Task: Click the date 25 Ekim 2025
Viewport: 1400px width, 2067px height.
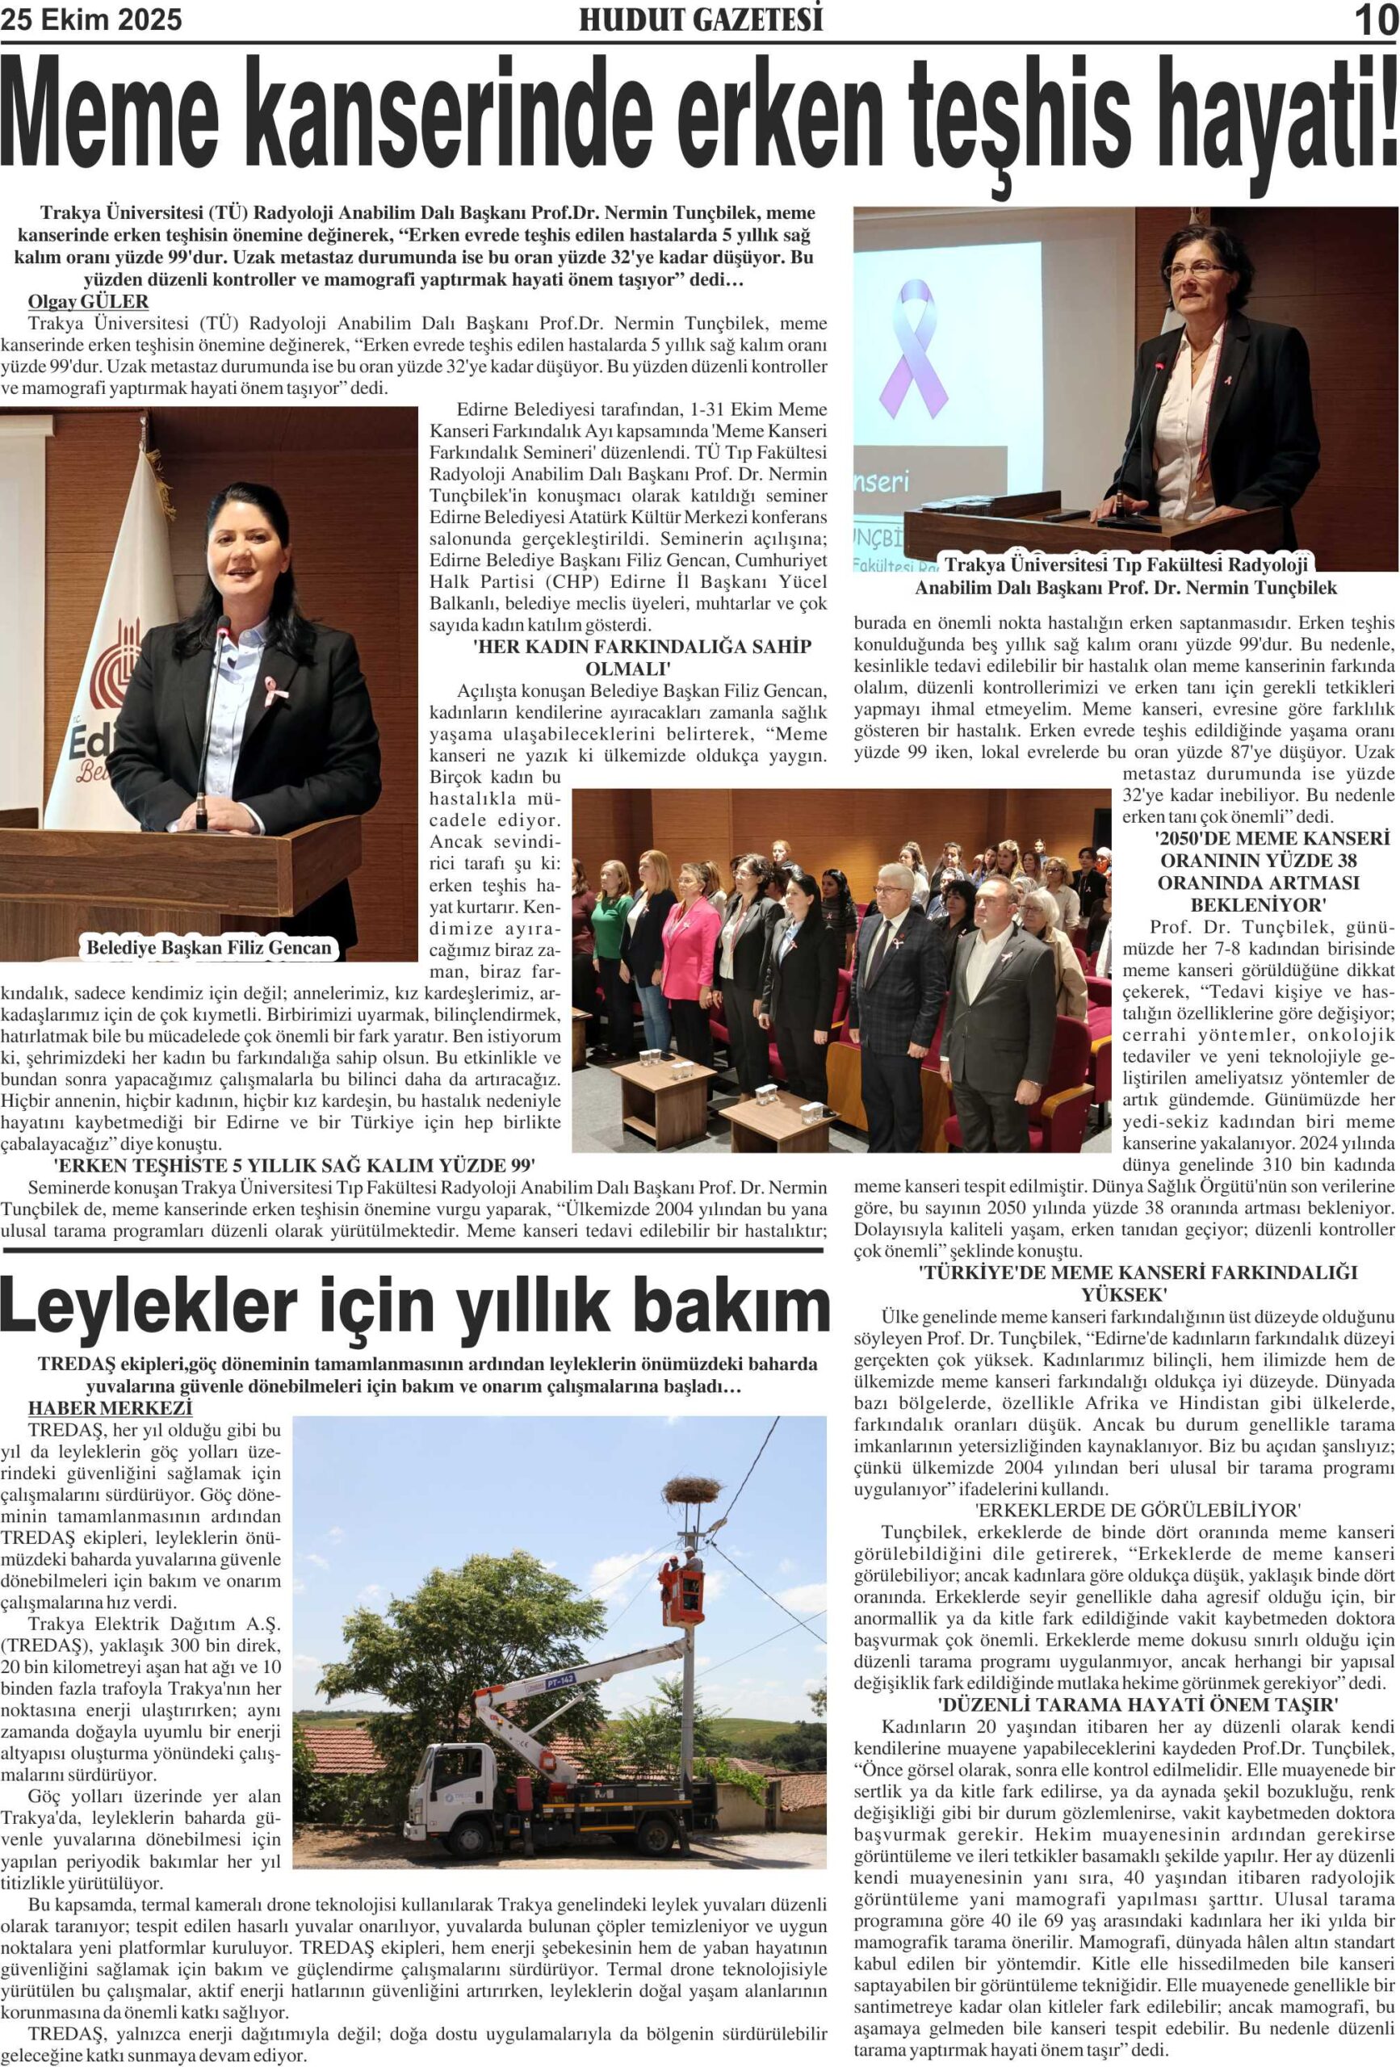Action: pyautogui.click(x=91, y=19)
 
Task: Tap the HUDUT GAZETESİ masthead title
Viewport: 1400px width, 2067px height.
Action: pyautogui.click(x=700, y=19)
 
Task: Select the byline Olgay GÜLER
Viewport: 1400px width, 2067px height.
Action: pyautogui.click(x=88, y=301)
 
